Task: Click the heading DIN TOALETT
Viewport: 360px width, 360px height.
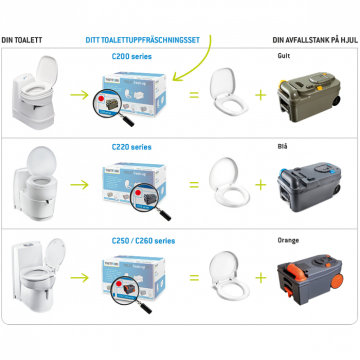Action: [21, 40]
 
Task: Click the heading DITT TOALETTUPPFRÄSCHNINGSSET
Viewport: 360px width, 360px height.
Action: [142, 40]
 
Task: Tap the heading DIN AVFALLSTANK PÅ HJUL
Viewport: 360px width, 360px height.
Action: [315, 40]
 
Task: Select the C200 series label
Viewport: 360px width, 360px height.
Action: [131, 56]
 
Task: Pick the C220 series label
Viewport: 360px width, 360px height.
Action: [131, 147]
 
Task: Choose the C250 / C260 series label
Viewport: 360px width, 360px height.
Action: [143, 240]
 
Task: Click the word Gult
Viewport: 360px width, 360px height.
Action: [283, 55]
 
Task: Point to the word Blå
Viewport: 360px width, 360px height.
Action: [282, 146]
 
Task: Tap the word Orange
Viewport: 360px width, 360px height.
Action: [288, 240]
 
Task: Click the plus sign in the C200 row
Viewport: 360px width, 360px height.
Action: [260, 94]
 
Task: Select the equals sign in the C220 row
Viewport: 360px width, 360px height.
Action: [194, 184]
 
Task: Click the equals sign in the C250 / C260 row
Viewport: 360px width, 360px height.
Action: [194, 277]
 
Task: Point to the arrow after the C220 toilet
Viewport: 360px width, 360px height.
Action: [79, 184]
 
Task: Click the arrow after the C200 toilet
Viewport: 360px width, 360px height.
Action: [79, 94]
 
